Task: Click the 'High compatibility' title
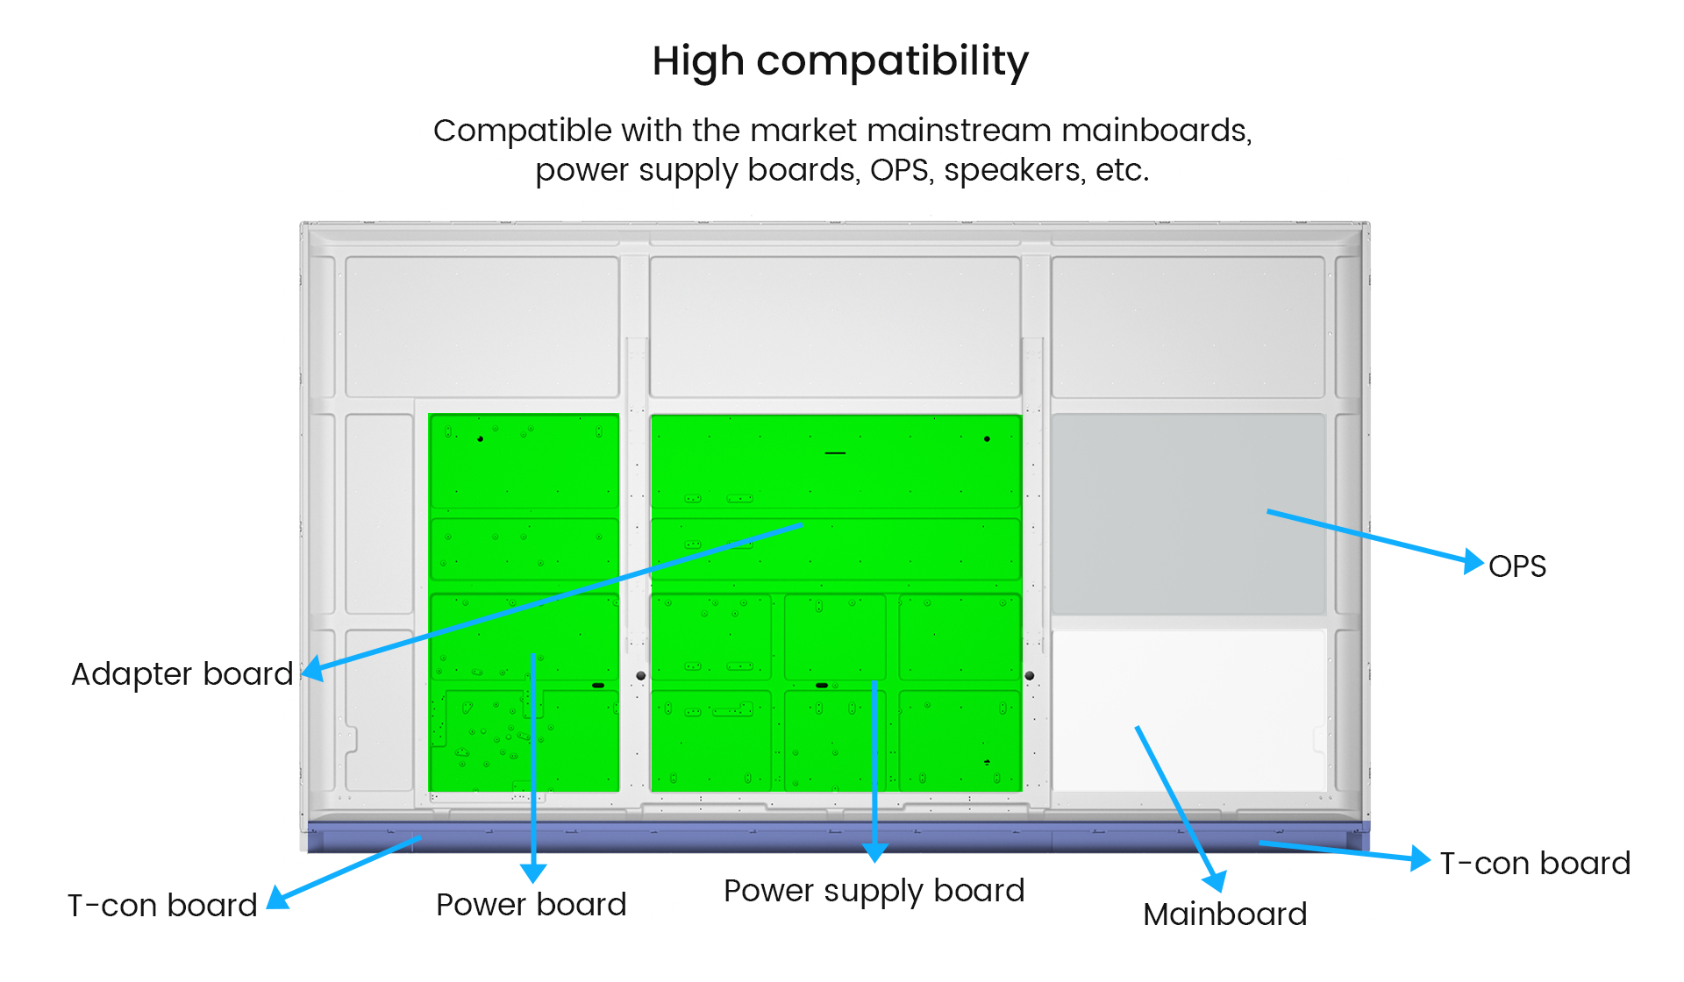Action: click(840, 61)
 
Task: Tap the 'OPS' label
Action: click(1517, 566)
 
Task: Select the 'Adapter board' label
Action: click(182, 674)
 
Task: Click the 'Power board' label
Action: click(532, 905)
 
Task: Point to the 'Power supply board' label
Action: click(874, 891)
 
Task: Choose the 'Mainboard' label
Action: click(1225, 914)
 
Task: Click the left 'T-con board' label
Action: click(162, 906)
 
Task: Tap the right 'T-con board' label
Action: click(1536, 864)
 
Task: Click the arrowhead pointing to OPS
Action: click(1473, 560)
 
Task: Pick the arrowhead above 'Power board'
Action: click(533, 872)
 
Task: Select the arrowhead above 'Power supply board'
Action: click(874, 852)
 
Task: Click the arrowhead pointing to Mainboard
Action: click(1215, 881)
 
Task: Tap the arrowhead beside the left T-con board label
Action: click(278, 898)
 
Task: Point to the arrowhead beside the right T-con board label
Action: click(1420, 858)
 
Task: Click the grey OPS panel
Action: click(1188, 515)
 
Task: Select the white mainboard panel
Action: click(1188, 710)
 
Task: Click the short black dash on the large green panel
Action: click(835, 453)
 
